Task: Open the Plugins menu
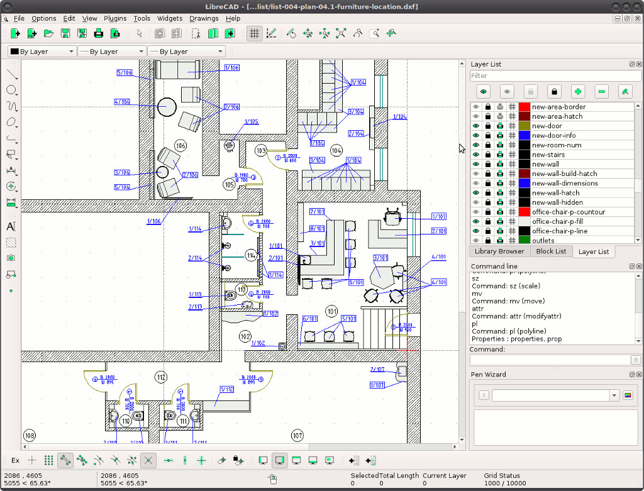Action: (115, 18)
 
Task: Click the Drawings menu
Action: (204, 18)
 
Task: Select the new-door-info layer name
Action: (553, 135)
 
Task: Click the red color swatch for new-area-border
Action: (525, 107)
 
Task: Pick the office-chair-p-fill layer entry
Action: (560, 221)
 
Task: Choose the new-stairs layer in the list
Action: (548, 155)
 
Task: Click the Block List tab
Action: (551, 251)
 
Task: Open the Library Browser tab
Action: (499, 251)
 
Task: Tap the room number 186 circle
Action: (181, 146)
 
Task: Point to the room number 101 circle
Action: (331, 311)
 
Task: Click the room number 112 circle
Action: (161, 377)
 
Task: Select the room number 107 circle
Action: (297, 436)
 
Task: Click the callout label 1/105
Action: (251, 122)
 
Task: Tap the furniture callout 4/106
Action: (122, 102)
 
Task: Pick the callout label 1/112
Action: (226, 390)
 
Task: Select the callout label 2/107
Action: (377, 370)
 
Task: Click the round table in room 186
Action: (167, 107)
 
